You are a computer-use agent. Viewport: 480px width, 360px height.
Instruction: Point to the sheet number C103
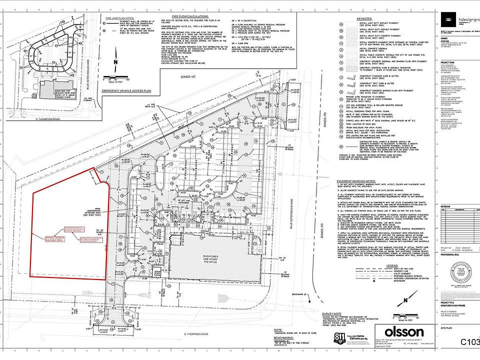pyautogui.click(x=469, y=342)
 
